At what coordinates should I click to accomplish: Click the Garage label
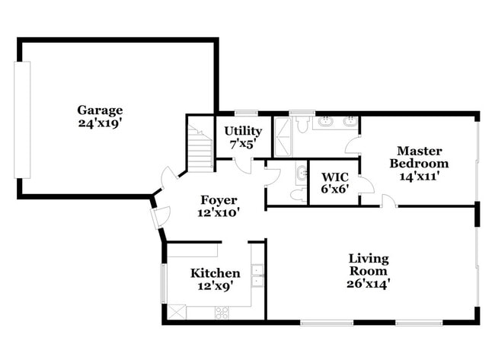[99, 110]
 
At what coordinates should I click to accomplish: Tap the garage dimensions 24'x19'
[99, 123]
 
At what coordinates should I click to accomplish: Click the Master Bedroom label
[419, 157]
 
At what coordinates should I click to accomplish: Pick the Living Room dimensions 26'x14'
[369, 284]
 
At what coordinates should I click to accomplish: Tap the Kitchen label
[215, 273]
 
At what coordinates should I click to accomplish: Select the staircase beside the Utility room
[200, 146]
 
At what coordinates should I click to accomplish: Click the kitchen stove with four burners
[222, 312]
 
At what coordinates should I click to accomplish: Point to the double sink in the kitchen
[257, 275]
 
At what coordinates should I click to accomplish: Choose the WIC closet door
[366, 186]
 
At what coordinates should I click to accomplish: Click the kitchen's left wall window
[163, 282]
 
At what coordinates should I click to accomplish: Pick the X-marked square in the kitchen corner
[177, 312]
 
